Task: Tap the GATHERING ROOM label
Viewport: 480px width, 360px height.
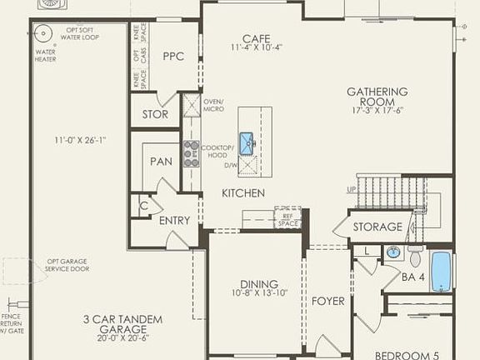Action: pyautogui.click(x=378, y=97)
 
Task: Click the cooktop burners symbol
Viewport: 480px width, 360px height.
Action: pyautogui.click(x=191, y=151)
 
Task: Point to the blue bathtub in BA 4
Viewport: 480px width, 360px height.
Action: pyautogui.click(x=440, y=272)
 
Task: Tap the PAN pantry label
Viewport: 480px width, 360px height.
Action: pyautogui.click(x=161, y=160)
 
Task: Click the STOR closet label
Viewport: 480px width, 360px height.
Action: pyautogui.click(x=155, y=114)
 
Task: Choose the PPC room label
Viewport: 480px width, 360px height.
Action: pyautogui.click(x=172, y=57)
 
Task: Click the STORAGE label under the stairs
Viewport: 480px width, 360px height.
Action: pyautogui.click(x=377, y=227)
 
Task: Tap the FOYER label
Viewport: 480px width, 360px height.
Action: pyautogui.click(x=327, y=301)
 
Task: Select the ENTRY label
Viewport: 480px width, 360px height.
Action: pyautogui.click(x=173, y=221)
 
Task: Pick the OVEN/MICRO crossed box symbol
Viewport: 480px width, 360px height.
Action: pyautogui.click(x=191, y=106)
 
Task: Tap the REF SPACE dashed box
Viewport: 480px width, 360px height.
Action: pyautogui.click(x=287, y=217)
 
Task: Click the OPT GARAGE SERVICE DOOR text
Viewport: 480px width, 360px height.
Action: pyautogui.click(x=67, y=267)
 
